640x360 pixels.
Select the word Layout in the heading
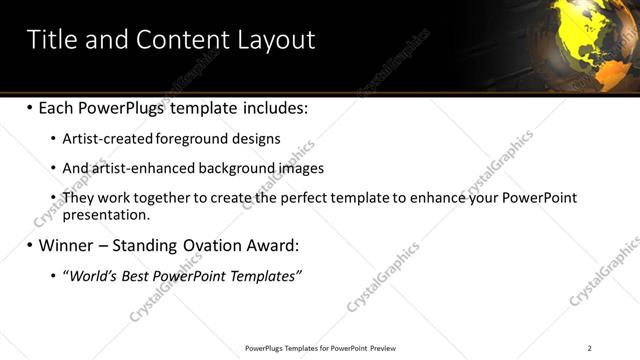pos(276,40)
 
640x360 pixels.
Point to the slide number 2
pos(589,348)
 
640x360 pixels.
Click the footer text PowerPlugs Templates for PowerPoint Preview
pos(320,348)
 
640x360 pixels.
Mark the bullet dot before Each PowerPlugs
pos(30,107)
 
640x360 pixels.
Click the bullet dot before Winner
pos(30,245)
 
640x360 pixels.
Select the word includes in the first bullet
pos(273,107)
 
